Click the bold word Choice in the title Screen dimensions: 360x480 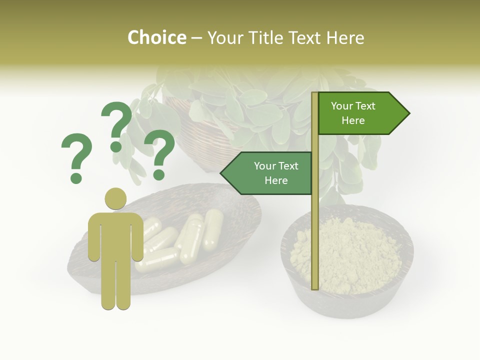coord(156,38)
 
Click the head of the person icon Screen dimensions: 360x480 coord(115,199)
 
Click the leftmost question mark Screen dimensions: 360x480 coord(76,156)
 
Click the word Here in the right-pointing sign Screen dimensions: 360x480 coord(353,120)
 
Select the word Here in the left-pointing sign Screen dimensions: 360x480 coord(276,180)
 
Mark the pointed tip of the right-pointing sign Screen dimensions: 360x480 coord(408,113)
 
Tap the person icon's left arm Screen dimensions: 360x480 coord(93,237)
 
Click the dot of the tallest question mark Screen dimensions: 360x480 coord(116,146)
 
